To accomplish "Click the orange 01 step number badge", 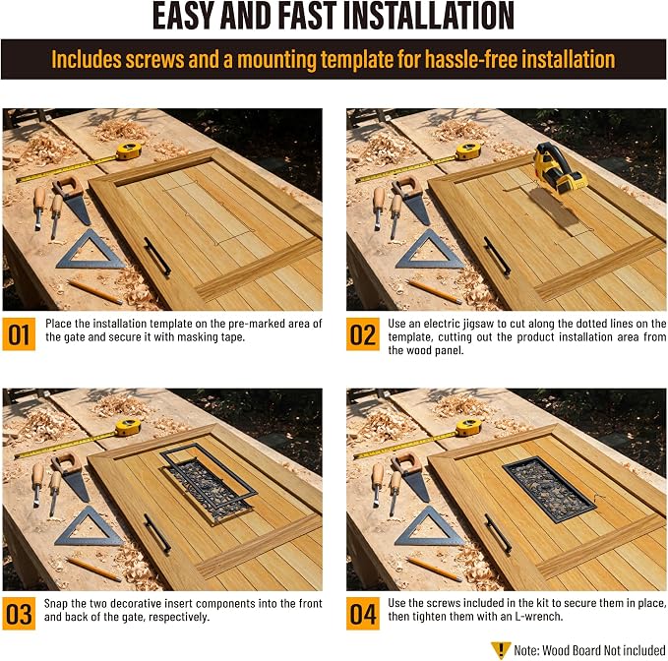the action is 19,333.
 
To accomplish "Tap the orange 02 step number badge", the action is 363,333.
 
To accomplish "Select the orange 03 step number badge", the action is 19,614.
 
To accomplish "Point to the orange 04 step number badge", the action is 363,614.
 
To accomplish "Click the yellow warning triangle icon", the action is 501,650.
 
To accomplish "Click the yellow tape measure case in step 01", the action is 128,150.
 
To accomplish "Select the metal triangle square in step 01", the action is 91,251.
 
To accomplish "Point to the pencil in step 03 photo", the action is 93,569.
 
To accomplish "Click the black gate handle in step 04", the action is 497,533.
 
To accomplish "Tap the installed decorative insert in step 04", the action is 549,490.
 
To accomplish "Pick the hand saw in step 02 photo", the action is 411,200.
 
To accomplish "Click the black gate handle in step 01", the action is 156,257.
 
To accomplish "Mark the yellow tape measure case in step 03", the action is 128,428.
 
